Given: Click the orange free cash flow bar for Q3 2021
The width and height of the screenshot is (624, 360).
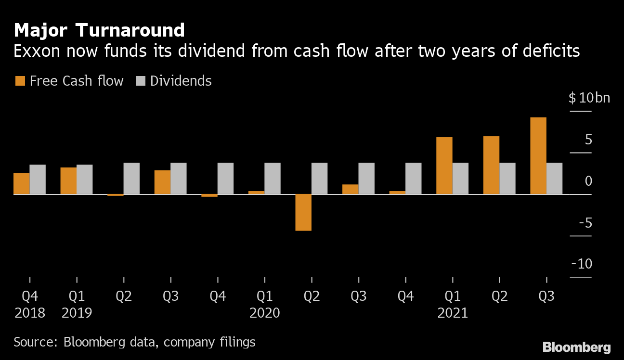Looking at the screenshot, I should click(x=538, y=156).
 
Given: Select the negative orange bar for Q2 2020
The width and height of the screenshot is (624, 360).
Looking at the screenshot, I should click(x=303, y=212).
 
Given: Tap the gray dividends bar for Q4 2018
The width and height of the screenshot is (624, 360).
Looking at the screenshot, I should click(x=38, y=180).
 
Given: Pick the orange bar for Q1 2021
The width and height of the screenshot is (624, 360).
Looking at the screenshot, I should click(x=444, y=166).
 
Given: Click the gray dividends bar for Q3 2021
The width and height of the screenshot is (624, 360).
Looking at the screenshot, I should click(x=554, y=179).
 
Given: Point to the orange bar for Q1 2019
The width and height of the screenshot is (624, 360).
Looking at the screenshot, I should click(x=68, y=181).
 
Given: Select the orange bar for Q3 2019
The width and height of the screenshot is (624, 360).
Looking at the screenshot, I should click(x=162, y=182).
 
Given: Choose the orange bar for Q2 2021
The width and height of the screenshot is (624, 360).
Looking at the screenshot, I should click(x=491, y=165).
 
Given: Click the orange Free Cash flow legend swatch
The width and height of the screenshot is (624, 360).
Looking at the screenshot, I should click(x=20, y=81).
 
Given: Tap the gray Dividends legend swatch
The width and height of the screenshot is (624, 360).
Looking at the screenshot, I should click(x=140, y=81).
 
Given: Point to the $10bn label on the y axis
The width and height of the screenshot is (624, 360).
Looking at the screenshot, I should click(x=589, y=98).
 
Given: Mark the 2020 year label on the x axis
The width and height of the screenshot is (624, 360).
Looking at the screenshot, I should click(x=264, y=313).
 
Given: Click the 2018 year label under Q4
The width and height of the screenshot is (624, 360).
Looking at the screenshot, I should click(x=30, y=313).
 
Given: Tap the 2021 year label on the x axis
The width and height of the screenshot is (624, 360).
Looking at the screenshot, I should click(x=453, y=313).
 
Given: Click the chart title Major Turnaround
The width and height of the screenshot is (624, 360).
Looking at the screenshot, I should click(x=99, y=30).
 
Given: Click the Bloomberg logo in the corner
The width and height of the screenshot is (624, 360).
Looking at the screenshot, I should click(x=576, y=347).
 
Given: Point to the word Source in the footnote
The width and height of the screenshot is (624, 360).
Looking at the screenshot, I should click(x=34, y=342).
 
